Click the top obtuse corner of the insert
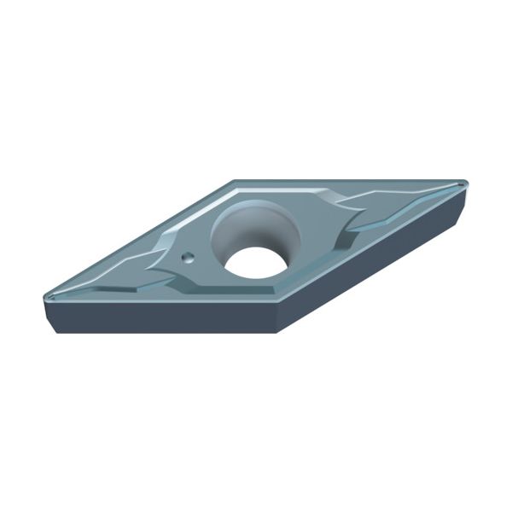tap(235, 181)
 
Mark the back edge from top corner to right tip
tap(350, 182)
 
